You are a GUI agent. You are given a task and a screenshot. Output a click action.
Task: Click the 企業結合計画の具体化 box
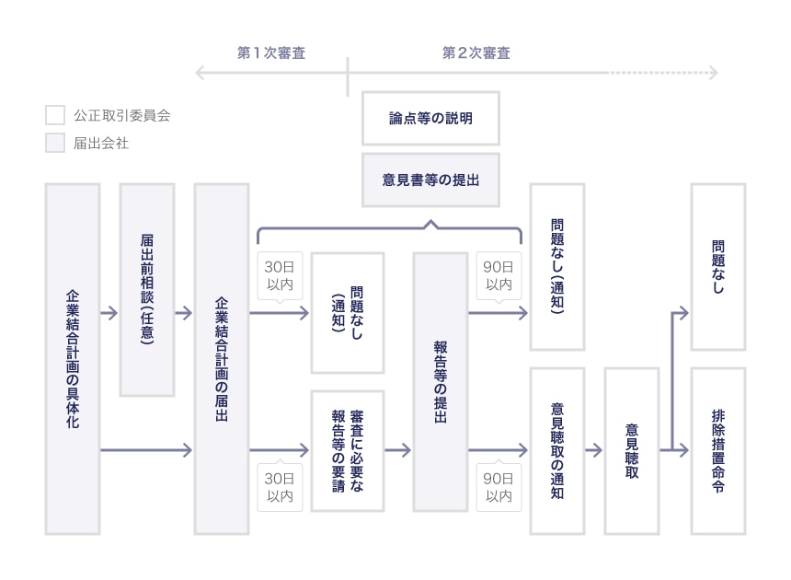(x=72, y=358)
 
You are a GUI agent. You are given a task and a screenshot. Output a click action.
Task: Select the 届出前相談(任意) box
(x=147, y=289)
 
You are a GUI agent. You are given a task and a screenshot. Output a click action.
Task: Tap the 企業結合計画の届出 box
(x=222, y=358)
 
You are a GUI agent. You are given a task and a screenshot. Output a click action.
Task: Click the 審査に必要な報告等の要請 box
(x=347, y=450)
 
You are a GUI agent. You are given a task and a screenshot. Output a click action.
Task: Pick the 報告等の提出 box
(x=440, y=381)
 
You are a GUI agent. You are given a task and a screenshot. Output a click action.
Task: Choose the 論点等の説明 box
(x=430, y=118)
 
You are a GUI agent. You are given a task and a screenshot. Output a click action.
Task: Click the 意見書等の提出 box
(x=430, y=180)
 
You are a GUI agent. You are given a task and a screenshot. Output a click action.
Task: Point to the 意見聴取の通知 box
(x=556, y=450)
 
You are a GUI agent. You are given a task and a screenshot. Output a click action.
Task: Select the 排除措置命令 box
(x=717, y=450)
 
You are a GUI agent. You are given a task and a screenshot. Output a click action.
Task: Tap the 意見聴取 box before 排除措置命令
(x=632, y=450)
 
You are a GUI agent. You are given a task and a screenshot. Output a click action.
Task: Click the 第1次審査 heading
(x=271, y=53)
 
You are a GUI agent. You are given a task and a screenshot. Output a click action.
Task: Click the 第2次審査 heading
(x=476, y=53)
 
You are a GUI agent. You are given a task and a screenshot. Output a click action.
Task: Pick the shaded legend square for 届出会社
(x=55, y=143)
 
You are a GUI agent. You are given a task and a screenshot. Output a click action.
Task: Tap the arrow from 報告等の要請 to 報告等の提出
(x=398, y=450)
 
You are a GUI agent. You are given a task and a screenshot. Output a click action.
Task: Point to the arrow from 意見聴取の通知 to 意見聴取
(x=594, y=450)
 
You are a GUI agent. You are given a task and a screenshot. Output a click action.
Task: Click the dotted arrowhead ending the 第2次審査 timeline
(x=714, y=73)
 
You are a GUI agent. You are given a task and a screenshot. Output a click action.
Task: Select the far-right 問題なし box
(x=717, y=267)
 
